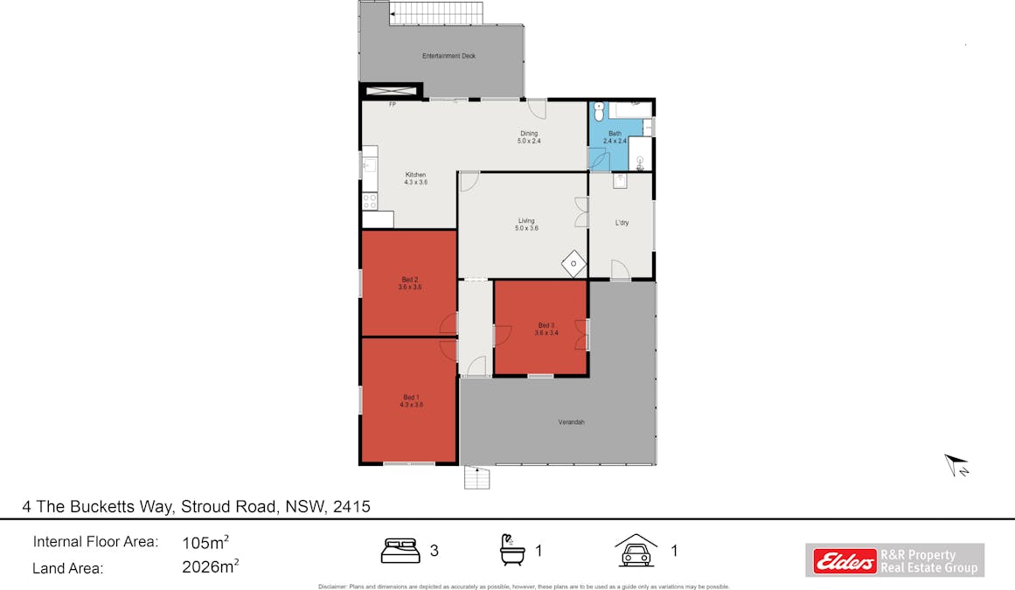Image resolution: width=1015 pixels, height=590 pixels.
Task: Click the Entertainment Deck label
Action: coord(448,56)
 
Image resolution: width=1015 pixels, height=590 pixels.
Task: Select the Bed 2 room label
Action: coord(410,282)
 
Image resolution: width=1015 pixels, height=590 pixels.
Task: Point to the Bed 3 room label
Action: coord(546,329)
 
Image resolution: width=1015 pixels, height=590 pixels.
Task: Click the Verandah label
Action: coord(571,422)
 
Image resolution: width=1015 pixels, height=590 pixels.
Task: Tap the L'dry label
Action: coord(622,223)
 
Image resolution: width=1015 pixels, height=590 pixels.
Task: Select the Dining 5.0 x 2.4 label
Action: coord(529,136)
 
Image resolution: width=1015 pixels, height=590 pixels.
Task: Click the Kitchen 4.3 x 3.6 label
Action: coord(415,178)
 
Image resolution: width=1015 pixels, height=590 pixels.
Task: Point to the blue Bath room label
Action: coord(615,136)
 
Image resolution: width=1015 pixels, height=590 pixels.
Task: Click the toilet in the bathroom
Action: coord(599,113)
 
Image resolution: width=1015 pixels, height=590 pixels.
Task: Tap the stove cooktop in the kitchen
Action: coord(370,200)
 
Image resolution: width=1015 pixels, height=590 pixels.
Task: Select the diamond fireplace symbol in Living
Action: coord(573,262)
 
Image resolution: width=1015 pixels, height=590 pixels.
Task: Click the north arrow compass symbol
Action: coord(956,466)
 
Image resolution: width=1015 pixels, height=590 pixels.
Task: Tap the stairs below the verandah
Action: coord(477,478)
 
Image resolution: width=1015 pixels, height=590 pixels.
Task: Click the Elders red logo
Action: coord(845,561)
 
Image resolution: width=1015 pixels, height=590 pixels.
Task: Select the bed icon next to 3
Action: coord(401,551)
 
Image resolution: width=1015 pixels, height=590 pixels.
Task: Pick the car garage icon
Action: coord(636,551)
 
